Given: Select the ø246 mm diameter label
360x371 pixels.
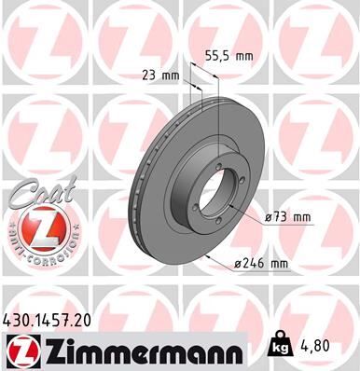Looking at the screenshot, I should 263,265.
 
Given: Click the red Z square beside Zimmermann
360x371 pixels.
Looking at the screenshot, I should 20,350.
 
